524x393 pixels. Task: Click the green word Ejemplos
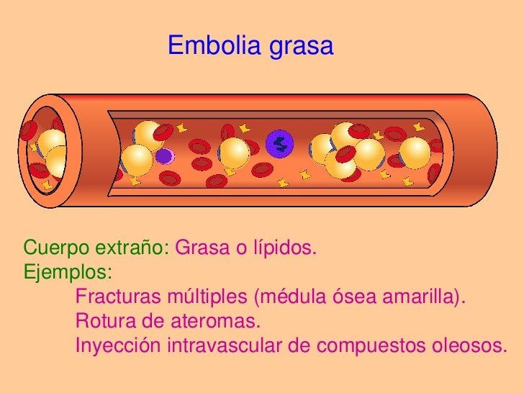(67, 274)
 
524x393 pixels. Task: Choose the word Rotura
(105, 320)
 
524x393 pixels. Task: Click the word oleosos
(468, 344)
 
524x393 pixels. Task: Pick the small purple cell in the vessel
(164, 155)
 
